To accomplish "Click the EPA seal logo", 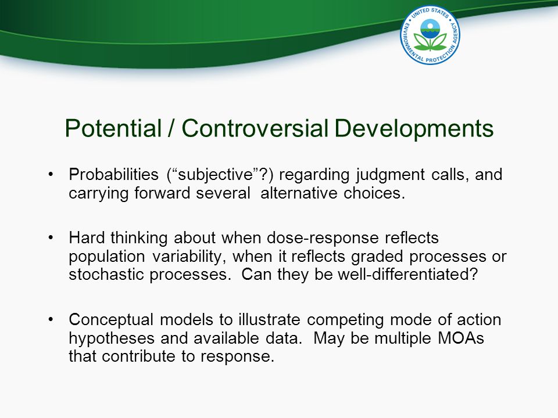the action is pyautogui.click(x=430, y=35).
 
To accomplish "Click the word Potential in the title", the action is pyautogui.click(x=113, y=128).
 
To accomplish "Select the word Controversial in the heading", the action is pyautogui.click(x=255, y=128).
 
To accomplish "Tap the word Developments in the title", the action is pyautogui.click(x=414, y=129).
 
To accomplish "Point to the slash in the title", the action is pyautogui.click(x=171, y=128).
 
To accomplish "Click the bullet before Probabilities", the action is pyautogui.click(x=51, y=175).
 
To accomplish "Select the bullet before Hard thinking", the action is pyautogui.click(x=51, y=238).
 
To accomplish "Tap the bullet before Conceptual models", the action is pyautogui.click(x=51, y=319).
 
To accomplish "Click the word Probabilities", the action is pyautogui.click(x=113, y=174).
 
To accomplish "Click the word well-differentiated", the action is pyautogui.click(x=408, y=275).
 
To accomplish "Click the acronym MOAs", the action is pyautogui.click(x=461, y=338).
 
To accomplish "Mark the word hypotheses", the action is pyautogui.click(x=112, y=338).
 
